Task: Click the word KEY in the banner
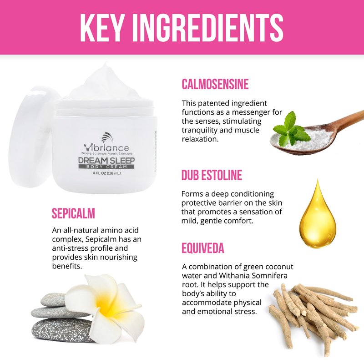[x=101, y=28]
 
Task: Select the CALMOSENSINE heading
[x=215, y=84]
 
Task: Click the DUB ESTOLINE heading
[x=212, y=175]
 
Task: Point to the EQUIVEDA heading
[x=203, y=248]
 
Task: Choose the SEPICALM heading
[x=73, y=213]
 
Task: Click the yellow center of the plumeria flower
[x=107, y=306]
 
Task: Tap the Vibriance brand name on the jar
[x=106, y=148]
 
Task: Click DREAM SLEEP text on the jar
[x=106, y=161]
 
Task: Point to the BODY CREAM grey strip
[x=106, y=167]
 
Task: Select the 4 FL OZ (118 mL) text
[x=106, y=173]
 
